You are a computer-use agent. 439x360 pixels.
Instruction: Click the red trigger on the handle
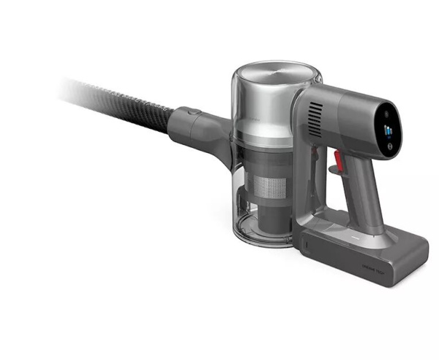[338, 157]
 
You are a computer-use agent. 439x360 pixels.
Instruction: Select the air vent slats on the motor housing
[315, 117]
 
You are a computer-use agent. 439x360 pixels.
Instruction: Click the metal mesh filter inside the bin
[263, 184]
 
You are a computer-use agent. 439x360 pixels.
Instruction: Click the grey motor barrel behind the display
[344, 117]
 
